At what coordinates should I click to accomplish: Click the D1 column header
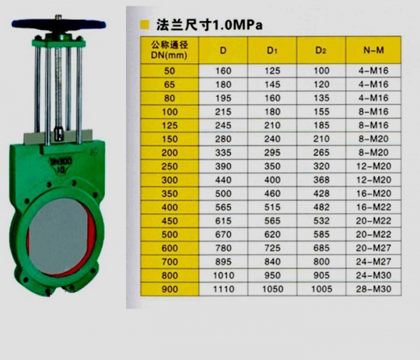click(x=272, y=50)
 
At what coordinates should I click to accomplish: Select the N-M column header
click(x=373, y=50)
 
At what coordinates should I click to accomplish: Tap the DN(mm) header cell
click(x=169, y=50)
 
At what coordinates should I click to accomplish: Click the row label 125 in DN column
click(x=169, y=125)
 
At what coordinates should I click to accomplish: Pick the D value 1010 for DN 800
click(x=223, y=275)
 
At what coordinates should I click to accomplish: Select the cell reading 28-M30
click(x=373, y=289)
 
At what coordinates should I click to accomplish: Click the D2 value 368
click(x=321, y=180)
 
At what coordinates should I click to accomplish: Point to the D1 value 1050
click(x=272, y=289)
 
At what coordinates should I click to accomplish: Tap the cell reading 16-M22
click(x=373, y=207)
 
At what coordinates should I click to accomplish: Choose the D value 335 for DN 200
click(x=223, y=153)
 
